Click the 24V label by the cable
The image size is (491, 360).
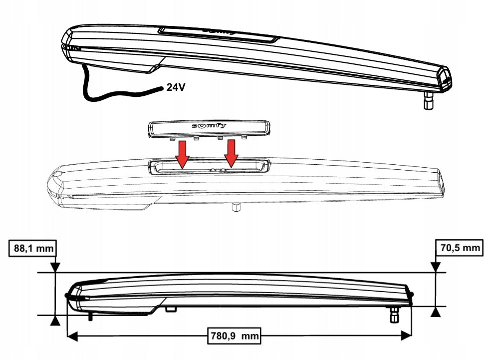176,87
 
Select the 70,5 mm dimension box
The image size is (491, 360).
460,248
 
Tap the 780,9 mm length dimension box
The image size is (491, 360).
234,336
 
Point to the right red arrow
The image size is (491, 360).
231,153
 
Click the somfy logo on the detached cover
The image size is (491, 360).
209,126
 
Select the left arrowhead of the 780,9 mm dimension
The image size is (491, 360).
72,337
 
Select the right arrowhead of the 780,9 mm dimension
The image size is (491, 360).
406,336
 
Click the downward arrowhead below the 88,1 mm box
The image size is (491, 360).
55,267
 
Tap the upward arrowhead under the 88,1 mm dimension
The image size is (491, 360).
55,321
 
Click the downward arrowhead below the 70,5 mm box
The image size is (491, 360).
435,267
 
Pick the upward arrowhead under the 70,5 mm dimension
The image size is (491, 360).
435,312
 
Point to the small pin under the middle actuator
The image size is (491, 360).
236,207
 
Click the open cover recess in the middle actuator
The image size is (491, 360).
210,166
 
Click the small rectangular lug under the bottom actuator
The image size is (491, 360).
171,309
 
